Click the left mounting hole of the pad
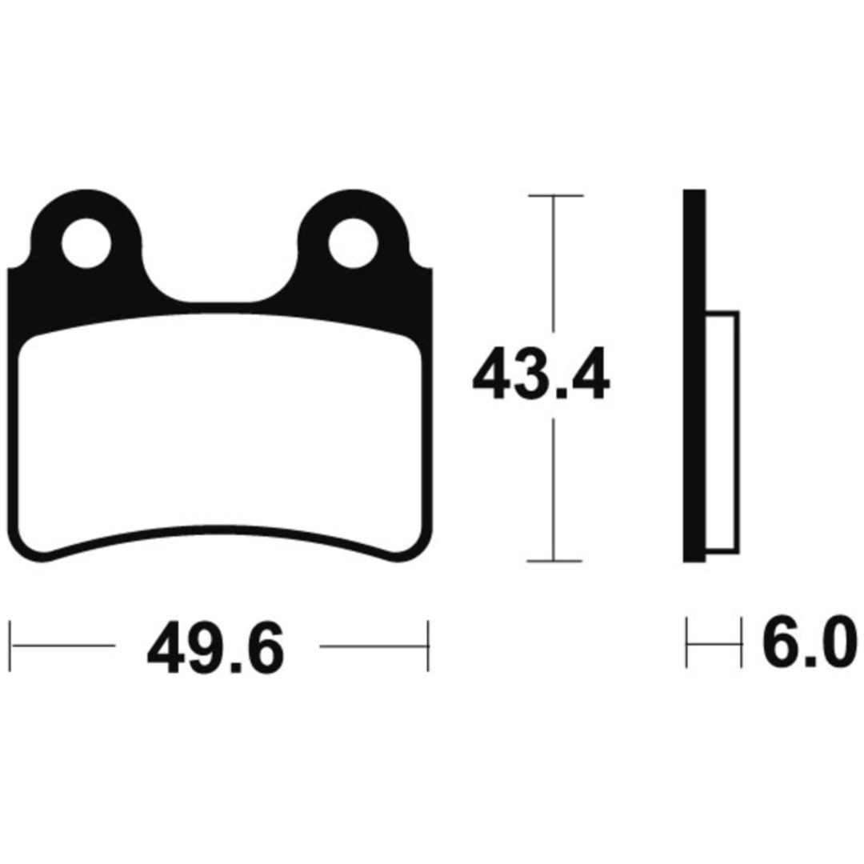click(x=86, y=243)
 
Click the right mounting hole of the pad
click(x=354, y=243)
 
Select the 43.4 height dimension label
click(x=541, y=373)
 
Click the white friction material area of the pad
click(x=219, y=435)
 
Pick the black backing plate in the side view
click(x=694, y=376)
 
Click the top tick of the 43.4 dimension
click(x=555, y=196)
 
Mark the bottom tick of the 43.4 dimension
click(x=555, y=560)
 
